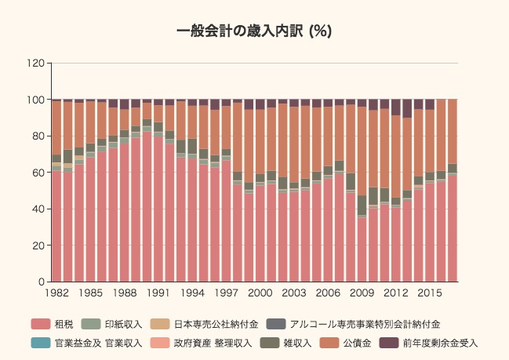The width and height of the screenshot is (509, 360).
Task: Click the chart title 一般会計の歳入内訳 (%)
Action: (254, 31)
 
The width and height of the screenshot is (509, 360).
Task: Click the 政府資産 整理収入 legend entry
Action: (212, 343)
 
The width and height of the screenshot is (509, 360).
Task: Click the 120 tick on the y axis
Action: (35, 63)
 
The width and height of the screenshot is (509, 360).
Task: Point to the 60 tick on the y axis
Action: (37, 173)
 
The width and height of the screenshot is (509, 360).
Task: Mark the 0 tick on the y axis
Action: (40, 282)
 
